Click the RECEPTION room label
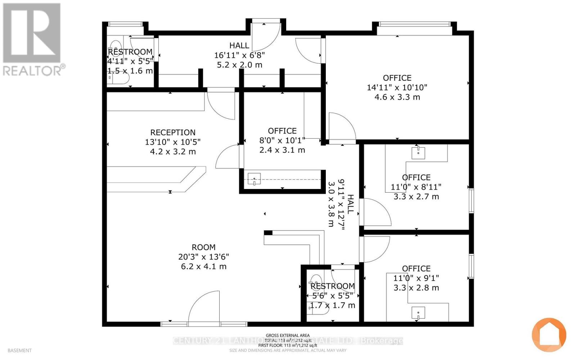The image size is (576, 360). [173, 132]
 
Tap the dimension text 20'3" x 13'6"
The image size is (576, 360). [203, 257]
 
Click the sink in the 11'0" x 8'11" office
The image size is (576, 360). [418, 152]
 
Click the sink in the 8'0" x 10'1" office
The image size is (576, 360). [254, 179]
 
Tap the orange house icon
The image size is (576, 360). [549, 335]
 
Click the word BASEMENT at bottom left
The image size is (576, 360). [19, 350]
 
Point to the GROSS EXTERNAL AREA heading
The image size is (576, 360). [287, 336]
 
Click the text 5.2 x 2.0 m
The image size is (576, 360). [239, 65]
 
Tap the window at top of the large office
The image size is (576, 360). [414, 24]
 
